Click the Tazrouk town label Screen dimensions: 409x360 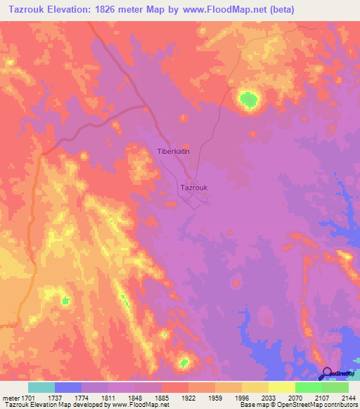[x=193, y=188]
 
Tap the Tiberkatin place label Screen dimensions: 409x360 [x=173, y=152]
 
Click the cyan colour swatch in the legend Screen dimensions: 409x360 [x=41, y=387]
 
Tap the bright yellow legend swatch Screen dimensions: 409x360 [x=281, y=387]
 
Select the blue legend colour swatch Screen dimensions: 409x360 [x=68, y=387]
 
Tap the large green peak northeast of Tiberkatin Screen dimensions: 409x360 [x=247, y=100]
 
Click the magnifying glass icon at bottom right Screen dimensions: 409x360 [x=326, y=373]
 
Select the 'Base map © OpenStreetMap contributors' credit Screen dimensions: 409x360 [x=297, y=405]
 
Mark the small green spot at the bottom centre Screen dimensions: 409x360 [x=184, y=363]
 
